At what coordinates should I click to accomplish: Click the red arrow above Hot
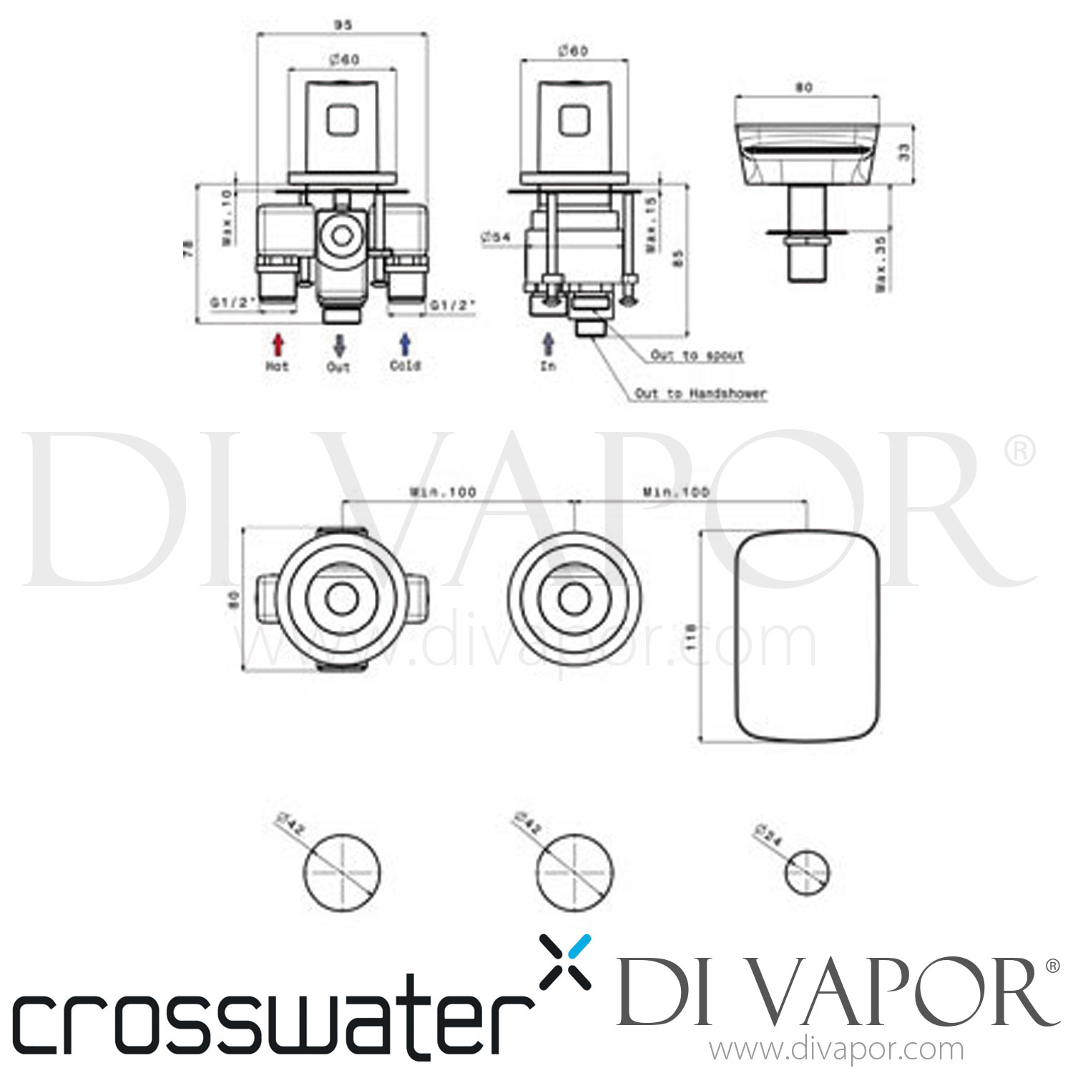coord(278,345)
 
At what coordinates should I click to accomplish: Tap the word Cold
coord(405,366)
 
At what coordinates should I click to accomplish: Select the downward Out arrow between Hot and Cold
coord(339,346)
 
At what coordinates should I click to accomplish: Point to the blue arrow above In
coord(548,345)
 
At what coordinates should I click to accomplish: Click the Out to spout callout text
coord(697,356)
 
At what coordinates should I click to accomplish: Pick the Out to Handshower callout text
coord(700,393)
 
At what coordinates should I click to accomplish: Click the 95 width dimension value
coord(343,25)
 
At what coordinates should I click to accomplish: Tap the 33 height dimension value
coord(904,152)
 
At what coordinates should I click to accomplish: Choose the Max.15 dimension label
coord(651,224)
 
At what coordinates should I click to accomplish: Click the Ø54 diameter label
coord(495,237)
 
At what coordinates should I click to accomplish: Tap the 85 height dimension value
coord(678,258)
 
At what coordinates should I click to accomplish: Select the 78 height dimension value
coord(188,248)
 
